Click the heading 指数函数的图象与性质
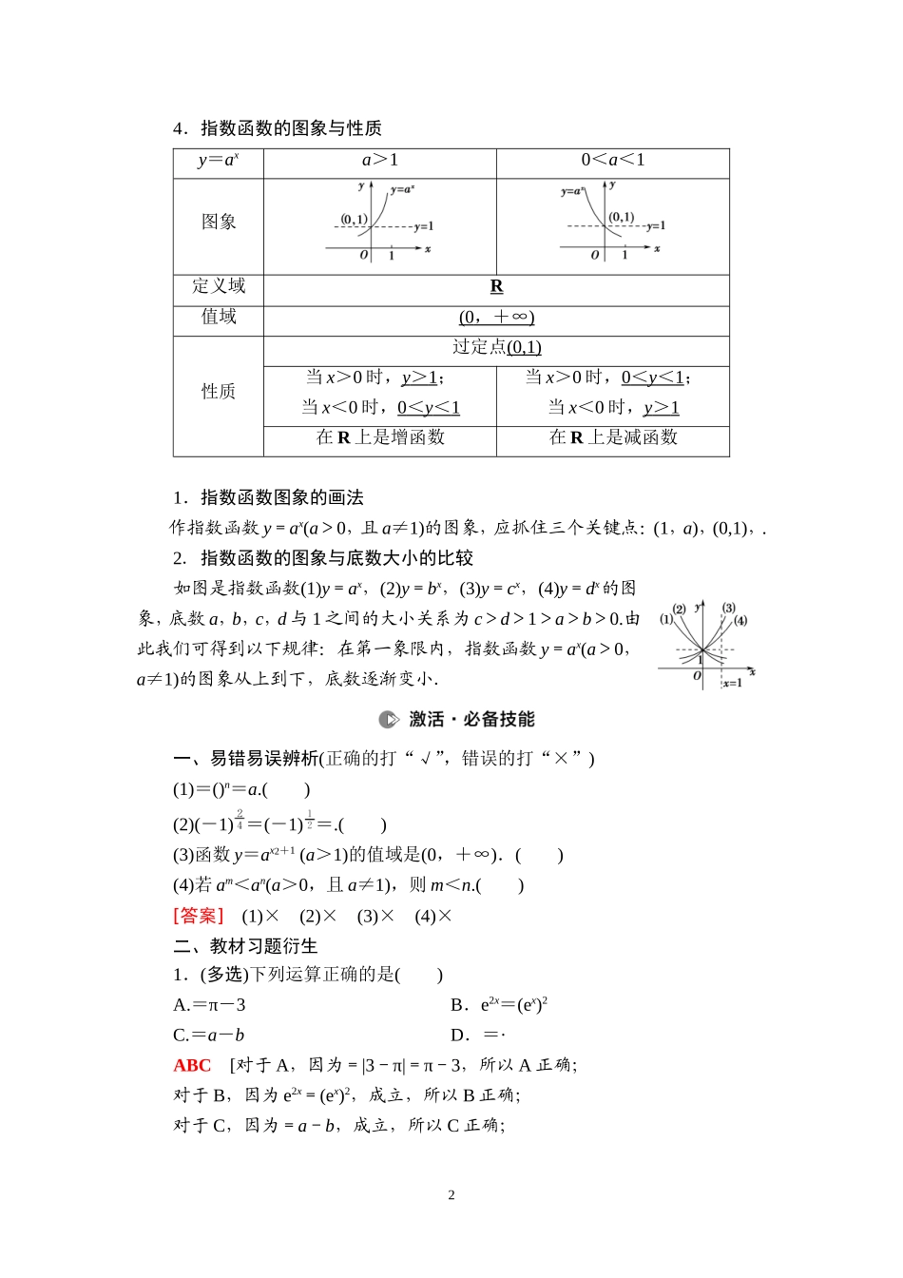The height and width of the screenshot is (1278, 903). (x=290, y=128)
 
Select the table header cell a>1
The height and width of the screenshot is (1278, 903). (x=380, y=160)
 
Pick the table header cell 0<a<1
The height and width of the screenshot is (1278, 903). (x=613, y=160)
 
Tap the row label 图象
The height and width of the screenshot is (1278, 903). (x=219, y=222)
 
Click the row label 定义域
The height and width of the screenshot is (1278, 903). (x=219, y=286)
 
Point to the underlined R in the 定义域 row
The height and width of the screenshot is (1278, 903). (x=496, y=286)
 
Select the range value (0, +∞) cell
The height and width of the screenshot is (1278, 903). (x=496, y=317)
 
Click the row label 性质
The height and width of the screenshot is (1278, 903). (x=219, y=392)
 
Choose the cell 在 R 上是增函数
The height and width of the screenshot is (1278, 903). (x=380, y=437)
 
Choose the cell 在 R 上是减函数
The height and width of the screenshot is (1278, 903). (x=613, y=437)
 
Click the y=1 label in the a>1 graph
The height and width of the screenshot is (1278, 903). (x=423, y=227)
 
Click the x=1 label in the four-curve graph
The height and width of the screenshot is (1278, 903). (x=732, y=683)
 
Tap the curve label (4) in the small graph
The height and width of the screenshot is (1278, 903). (x=740, y=621)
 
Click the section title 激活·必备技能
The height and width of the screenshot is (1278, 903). (x=471, y=719)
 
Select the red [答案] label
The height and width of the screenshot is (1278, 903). (x=199, y=916)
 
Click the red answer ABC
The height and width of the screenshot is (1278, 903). (x=192, y=1065)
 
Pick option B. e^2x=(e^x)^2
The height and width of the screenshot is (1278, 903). (x=499, y=1005)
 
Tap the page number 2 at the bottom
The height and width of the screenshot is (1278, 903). (x=451, y=1195)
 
